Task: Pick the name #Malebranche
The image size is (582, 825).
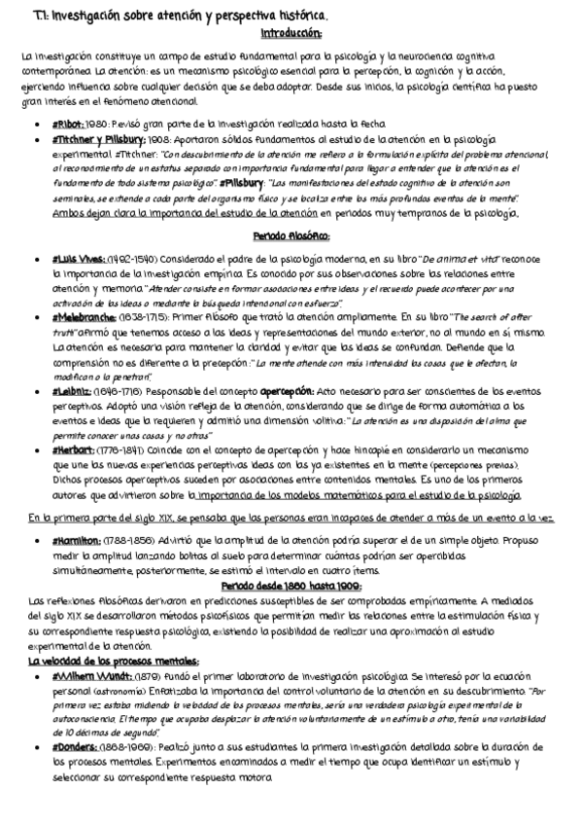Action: [82, 318]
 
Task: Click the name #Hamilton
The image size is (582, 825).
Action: [74, 539]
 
